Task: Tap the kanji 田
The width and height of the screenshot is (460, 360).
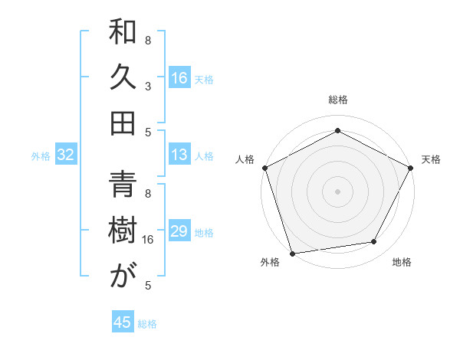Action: tap(123, 123)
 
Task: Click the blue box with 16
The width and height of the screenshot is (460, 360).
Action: tap(179, 77)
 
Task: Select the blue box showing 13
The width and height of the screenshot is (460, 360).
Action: tap(179, 155)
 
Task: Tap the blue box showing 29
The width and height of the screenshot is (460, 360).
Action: tap(179, 232)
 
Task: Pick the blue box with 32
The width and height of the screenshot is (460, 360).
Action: tap(65, 155)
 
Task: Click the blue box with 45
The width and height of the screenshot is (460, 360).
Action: tap(123, 322)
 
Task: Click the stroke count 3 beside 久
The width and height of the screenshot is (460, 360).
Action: tap(148, 86)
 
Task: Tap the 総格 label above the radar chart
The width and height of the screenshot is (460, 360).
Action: tap(337, 100)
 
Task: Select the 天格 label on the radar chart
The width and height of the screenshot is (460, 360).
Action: tap(431, 159)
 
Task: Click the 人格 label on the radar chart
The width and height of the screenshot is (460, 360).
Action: tap(245, 159)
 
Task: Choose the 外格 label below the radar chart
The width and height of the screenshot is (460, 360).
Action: tap(270, 263)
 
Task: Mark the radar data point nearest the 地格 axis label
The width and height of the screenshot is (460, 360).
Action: tap(374, 242)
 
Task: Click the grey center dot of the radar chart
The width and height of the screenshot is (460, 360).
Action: tap(337, 191)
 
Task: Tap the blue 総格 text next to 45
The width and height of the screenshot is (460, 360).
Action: tap(147, 324)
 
